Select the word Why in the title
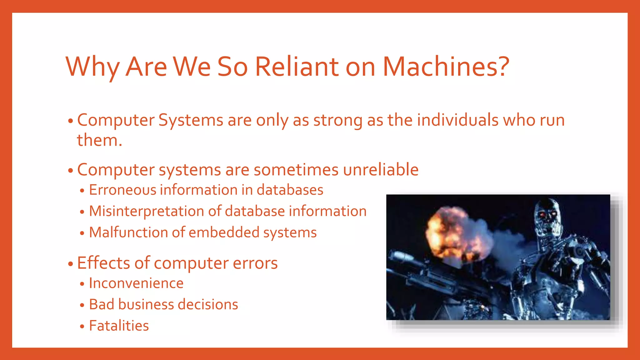92,67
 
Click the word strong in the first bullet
338,120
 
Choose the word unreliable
381,170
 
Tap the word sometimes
296,170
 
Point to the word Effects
103,263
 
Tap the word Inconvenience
136,283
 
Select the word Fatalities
119,326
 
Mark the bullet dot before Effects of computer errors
70,264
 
